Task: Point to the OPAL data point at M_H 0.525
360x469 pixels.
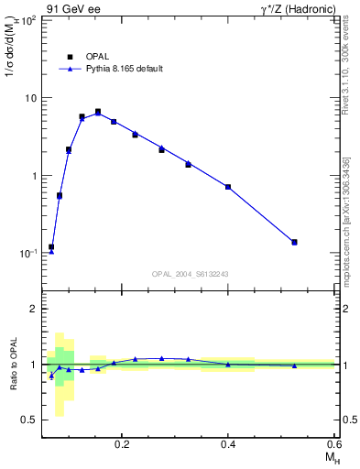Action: [x=294, y=242]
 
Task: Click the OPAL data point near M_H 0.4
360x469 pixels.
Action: [x=228, y=187]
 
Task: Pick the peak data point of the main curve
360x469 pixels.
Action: [x=98, y=112]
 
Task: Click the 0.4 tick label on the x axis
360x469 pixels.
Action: [x=228, y=443]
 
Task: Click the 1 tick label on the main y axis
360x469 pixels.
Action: [x=35, y=175]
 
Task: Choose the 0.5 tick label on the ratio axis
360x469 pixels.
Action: [x=29, y=420]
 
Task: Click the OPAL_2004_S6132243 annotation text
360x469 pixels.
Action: [x=190, y=274]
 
